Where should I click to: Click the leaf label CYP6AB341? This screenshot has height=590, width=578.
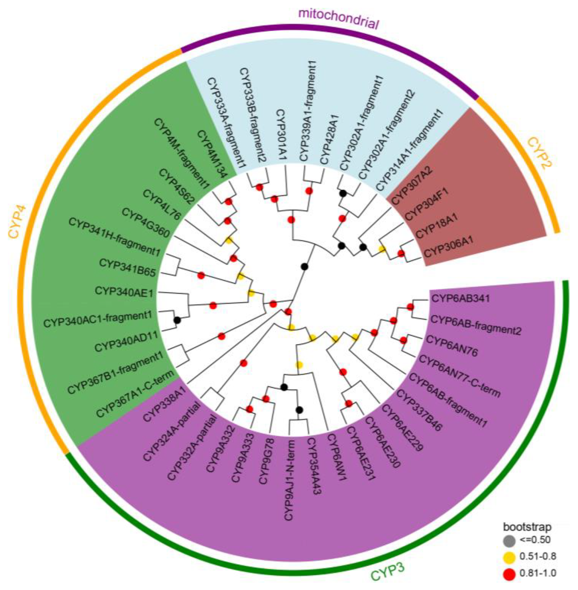tap(461, 298)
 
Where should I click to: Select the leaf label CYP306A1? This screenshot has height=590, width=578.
tap(448, 249)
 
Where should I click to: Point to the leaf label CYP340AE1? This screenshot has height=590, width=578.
tap(124, 292)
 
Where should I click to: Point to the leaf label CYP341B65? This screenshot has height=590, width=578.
tap(127, 267)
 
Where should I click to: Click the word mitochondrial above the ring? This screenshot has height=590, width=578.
tap(339, 19)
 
